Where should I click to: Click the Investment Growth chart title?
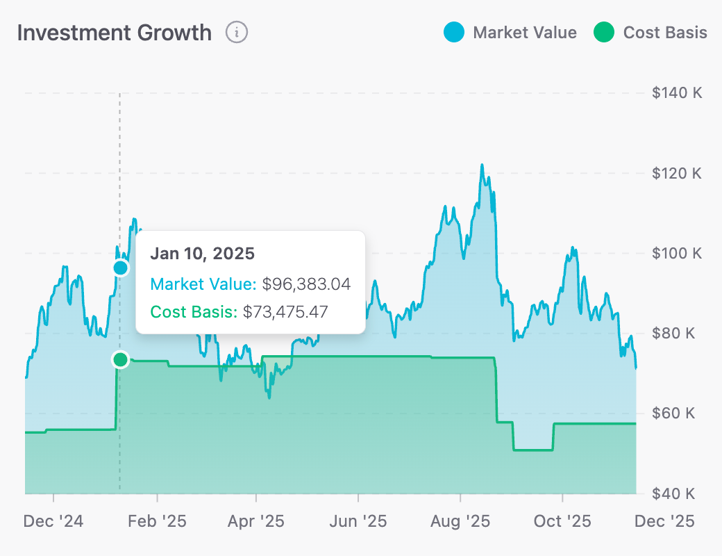(114, 33)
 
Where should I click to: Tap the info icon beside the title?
(237, 32)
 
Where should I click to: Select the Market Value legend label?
(524, 33)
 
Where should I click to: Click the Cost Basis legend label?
(665, 33)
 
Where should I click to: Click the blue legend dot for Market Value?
(453, 33)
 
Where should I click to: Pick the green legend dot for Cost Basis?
(604, 33)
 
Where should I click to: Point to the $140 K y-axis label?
(677, 93)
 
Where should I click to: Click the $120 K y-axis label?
(677, 173)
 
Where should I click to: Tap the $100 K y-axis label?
(677, 253)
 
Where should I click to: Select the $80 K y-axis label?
(673, 333)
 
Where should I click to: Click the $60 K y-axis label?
(673, 414)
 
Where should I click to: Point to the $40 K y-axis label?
(673, 493)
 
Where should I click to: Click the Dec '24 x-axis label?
(53, 521)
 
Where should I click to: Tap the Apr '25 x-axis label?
(257, 521)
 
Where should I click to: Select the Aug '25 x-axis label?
(460, 521)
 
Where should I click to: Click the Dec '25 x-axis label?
(664, 521)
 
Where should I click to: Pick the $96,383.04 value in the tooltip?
(306, 284)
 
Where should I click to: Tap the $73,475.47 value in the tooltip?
(285, 311)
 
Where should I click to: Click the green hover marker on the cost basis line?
(121, 359)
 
